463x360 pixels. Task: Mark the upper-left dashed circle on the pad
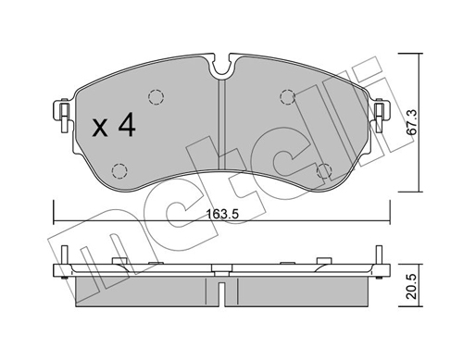(x=154, y=96)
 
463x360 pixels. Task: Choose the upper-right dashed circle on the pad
(x=287, y=96)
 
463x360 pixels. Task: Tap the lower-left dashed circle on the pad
(x=119, y=170)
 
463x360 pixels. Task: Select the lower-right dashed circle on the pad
(x=324, y=170)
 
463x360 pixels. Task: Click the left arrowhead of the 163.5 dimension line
(x=57, y=221)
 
